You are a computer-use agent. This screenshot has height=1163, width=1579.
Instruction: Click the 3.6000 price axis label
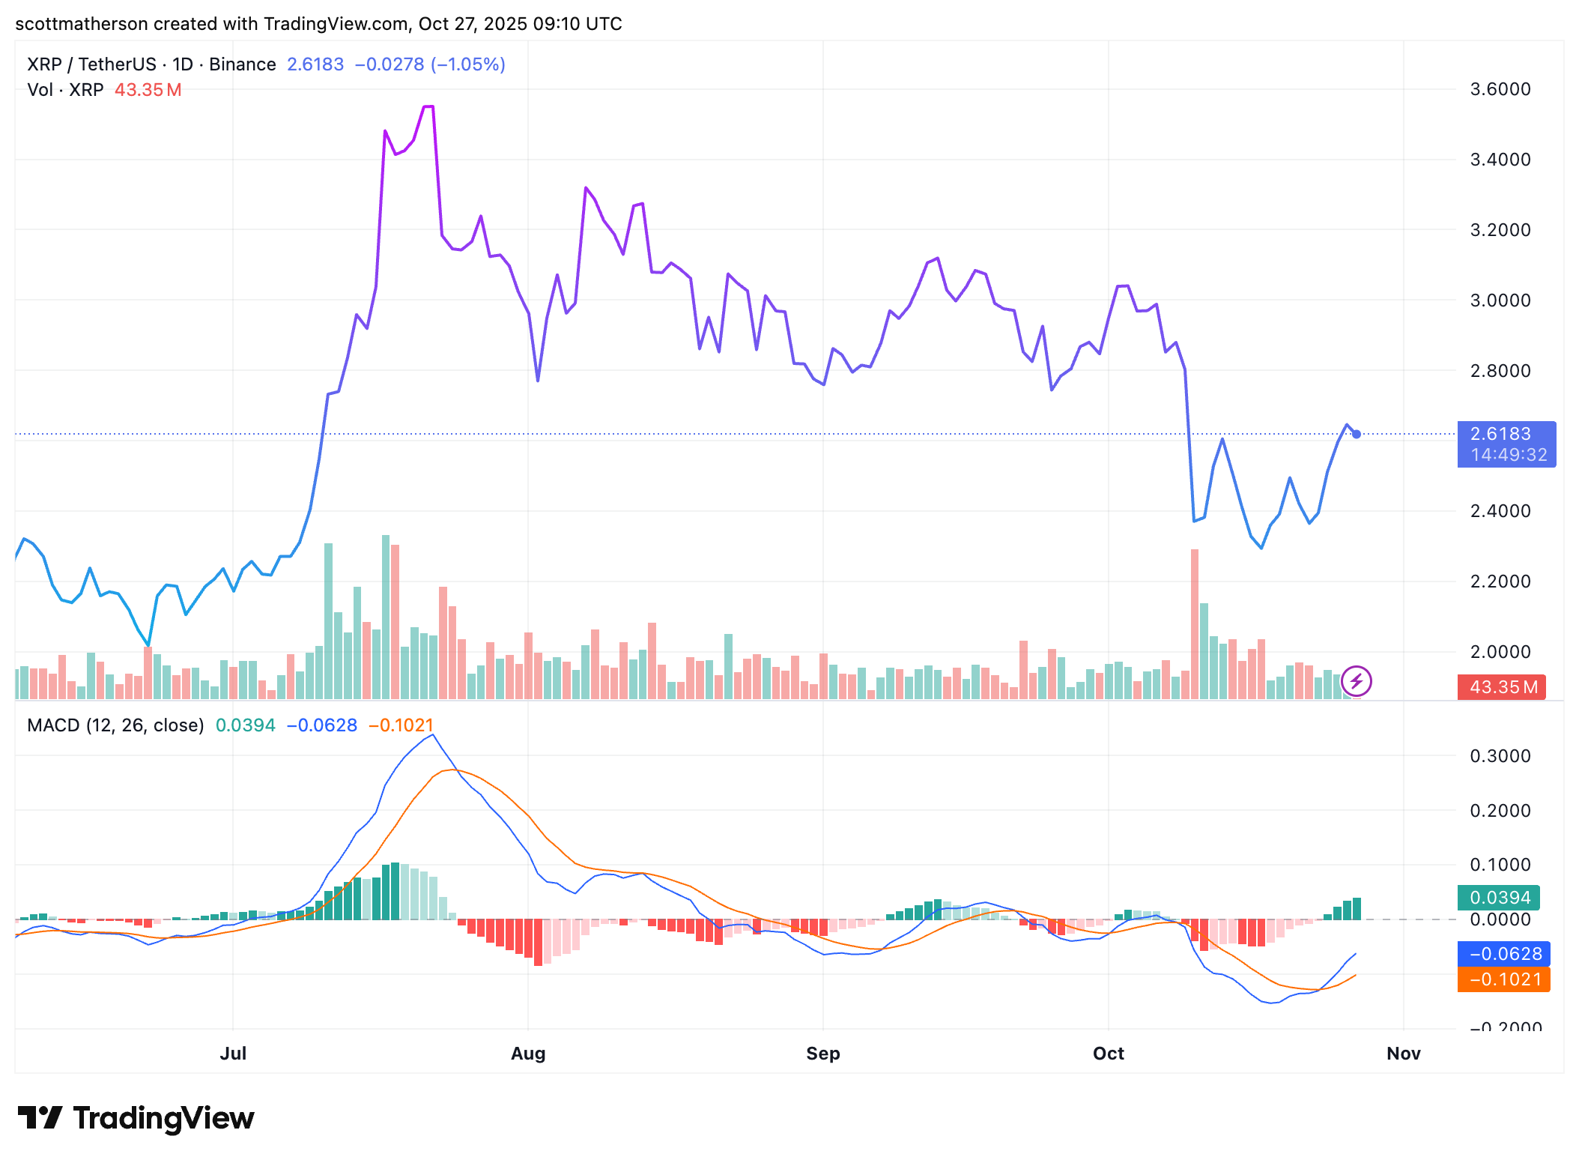(x=1500, y=89)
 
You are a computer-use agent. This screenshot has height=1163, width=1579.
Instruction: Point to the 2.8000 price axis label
(x=1500, y=370)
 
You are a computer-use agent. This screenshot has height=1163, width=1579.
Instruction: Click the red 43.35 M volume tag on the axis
(x=1500, y=686)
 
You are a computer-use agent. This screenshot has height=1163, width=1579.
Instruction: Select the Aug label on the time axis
(x=527, y=1053)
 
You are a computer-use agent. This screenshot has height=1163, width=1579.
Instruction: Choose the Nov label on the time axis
(x=1403, y=1053)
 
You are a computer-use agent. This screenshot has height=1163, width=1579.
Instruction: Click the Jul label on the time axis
(x=233, y=1053)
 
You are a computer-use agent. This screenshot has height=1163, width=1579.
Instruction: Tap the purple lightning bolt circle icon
(x=1356, y=681)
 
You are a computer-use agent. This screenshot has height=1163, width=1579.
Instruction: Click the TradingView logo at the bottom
(x=136, y=1118)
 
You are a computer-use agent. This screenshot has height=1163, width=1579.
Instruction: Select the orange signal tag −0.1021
(x=1503, y=979)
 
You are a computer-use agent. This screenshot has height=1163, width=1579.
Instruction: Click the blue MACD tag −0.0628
(x=1503, y=954)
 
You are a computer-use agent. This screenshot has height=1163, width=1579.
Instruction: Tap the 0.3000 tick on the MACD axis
(x=1500, y=755)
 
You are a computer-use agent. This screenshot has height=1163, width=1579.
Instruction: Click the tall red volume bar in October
(x=1194, y=622)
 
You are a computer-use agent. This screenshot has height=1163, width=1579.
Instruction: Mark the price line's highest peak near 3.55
(x=428, y=107)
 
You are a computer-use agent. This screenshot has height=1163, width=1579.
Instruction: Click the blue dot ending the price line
(x=1356, y=434)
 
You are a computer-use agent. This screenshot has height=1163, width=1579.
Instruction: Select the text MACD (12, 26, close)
(x=115, y=725)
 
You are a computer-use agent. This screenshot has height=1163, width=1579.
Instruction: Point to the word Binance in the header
(x=242, y=64)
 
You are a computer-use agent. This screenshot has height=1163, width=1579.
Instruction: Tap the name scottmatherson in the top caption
(x=81, y=24)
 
